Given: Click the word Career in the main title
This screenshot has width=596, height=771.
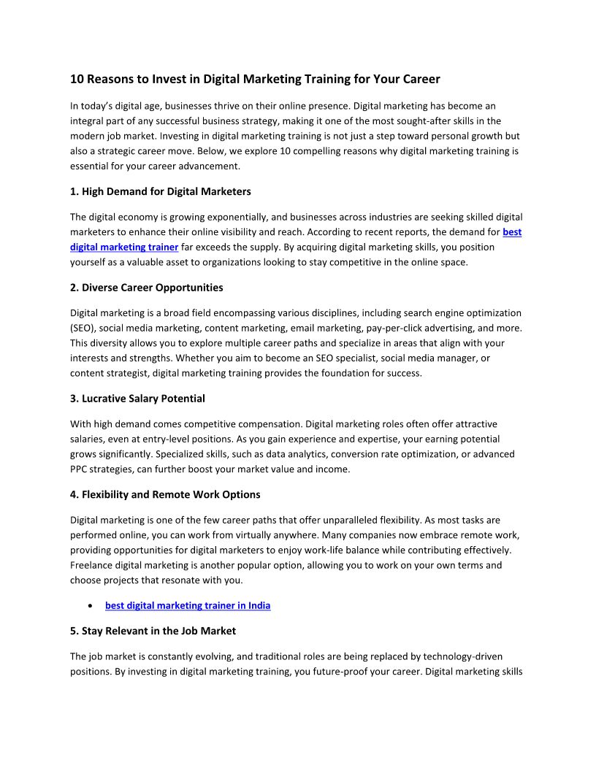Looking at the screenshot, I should point(421,79).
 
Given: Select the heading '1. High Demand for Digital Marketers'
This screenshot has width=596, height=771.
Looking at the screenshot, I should point(161,191).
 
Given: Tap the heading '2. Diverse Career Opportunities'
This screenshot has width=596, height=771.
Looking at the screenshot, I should point(147,287).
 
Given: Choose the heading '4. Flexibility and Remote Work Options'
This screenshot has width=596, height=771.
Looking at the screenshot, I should point(165,494).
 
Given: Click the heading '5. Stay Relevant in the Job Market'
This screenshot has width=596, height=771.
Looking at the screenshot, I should point(153,630).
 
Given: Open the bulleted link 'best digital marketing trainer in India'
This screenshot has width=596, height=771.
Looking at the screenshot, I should point(188,605).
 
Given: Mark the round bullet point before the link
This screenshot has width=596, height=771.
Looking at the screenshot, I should point(89,606).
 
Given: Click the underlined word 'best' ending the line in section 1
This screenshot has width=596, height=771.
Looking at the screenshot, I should point(512,232).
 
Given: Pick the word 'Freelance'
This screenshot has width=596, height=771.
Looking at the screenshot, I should point(92,565).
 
